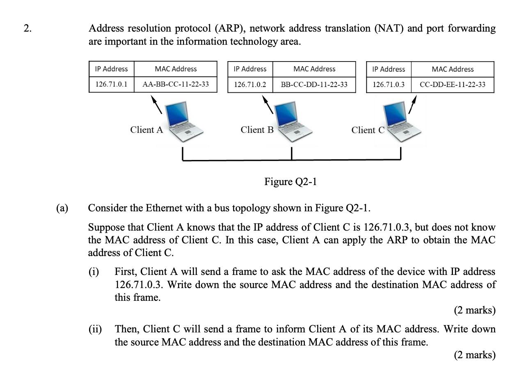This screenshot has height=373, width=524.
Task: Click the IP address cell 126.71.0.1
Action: pos(111,85)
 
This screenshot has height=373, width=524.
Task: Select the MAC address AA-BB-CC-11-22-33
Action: pos(175,85)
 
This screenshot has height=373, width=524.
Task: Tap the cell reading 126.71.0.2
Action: pos(250,85)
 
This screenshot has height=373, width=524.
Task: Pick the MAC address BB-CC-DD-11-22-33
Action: pos(314,85)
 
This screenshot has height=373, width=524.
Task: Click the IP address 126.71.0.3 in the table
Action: pos(389,85)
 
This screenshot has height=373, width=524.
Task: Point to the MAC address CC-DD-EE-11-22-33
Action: pos(452,85)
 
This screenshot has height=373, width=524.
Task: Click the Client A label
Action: pos(146,130)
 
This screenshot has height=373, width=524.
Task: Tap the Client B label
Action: pos(257,130)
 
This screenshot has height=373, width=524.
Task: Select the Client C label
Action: pos(368,130)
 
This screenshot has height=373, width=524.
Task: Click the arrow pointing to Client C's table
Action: pos(413,105)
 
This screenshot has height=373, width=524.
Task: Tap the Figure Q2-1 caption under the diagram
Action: pos(291,181)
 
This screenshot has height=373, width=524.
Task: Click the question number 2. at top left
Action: pos(27,28)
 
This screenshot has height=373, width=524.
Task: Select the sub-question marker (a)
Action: pos(62,208)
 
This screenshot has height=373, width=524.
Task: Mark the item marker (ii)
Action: pos(95,329)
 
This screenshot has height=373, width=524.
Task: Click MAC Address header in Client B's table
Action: pos(314,69)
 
